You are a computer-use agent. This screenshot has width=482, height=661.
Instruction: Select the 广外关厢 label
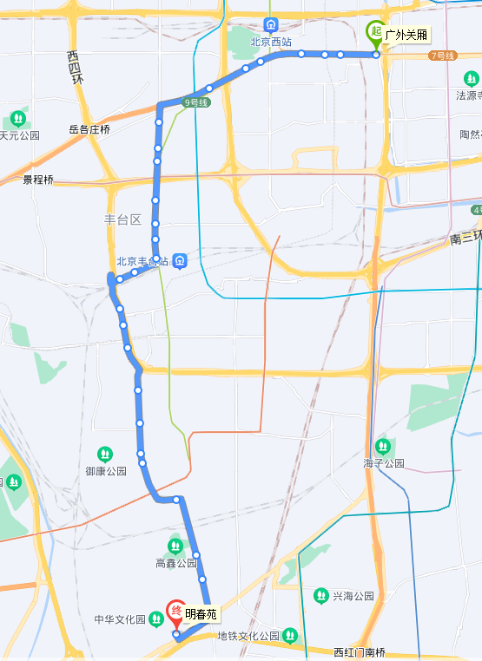406,35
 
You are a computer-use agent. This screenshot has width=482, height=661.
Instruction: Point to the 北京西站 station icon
272,25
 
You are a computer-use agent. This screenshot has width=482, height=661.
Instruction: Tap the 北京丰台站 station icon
179,260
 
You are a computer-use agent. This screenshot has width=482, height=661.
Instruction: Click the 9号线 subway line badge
196,102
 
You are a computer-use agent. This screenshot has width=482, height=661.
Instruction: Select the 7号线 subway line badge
442,56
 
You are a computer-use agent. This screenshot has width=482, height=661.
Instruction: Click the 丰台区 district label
122,219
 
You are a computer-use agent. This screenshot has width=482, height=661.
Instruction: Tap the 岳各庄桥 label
89,129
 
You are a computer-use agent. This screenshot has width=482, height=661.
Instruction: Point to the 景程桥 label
38,180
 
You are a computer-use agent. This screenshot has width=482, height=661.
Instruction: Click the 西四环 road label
76,67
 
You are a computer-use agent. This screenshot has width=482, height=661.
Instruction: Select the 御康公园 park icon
105,454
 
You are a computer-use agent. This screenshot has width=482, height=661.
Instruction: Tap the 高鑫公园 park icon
176,546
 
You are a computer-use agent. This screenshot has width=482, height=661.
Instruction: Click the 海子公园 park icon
384,447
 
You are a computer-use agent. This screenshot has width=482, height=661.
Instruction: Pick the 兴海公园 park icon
321,596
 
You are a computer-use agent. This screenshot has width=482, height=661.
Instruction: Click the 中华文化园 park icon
155,619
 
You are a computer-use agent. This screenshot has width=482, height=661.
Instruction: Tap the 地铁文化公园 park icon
290,636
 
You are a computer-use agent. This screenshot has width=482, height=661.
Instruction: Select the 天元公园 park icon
18,118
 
